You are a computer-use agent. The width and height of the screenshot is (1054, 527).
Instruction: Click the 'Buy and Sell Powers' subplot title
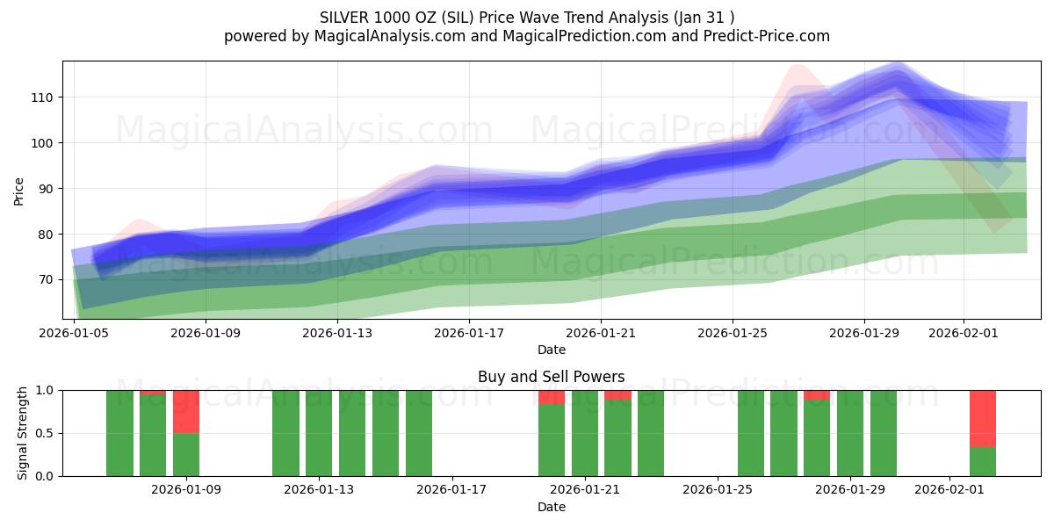[551, 377]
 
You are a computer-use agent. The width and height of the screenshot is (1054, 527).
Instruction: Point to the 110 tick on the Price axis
[45, 97]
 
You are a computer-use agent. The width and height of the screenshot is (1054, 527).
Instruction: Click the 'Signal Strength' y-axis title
[24, 433]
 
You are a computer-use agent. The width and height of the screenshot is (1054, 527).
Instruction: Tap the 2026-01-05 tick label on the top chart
[75, 333]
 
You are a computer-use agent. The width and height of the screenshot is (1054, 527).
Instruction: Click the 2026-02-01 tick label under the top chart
[964, 333]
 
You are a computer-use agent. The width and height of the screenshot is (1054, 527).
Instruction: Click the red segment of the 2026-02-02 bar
[983, 418]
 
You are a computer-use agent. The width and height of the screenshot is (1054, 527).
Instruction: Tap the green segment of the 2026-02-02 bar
[983, 462]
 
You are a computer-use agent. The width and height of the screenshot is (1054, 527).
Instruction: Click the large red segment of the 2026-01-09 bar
[186, 412]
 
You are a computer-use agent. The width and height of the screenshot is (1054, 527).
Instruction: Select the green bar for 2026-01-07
[119, 433]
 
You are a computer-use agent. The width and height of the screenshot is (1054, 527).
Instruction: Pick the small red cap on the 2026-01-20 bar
[552, 397]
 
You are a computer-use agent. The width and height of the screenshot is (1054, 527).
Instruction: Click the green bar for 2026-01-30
[884, 433]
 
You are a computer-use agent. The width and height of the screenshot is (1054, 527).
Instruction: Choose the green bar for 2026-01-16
[419, 433]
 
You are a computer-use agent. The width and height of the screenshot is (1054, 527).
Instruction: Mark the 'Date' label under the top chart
[551, 350]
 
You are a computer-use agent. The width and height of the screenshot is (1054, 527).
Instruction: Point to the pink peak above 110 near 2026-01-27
[798, 70]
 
